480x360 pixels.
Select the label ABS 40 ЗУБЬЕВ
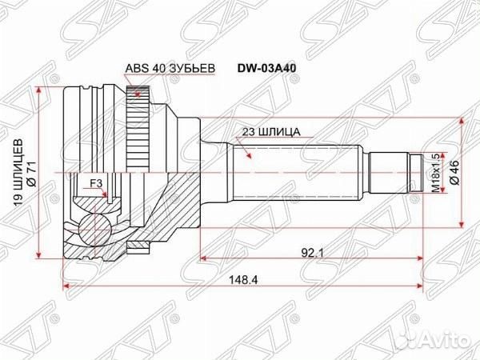[x=169, y=69]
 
